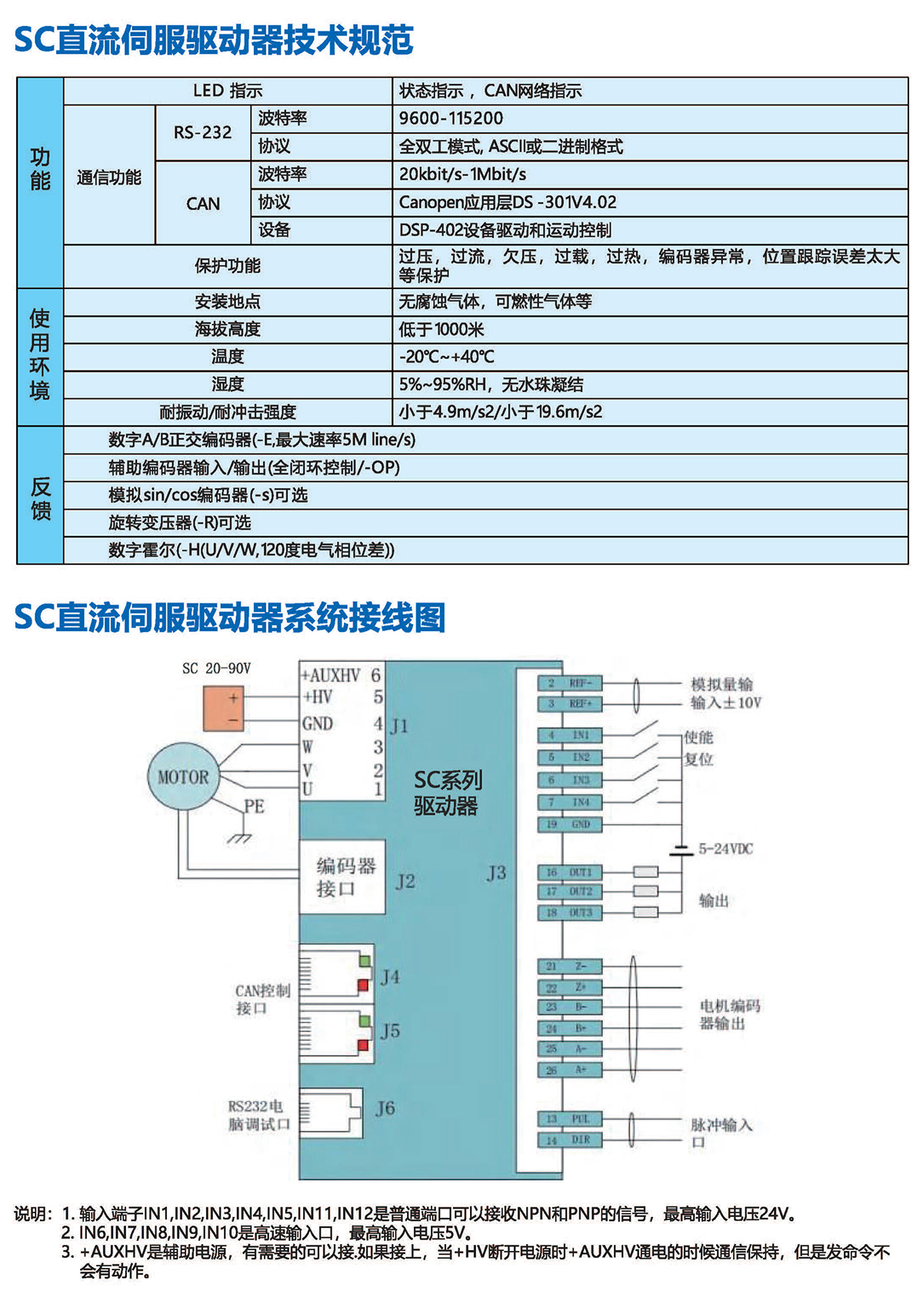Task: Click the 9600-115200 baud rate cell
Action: coord(451,118)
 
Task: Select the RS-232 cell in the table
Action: coord(202,132)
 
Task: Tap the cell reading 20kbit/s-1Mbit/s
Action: coord(462,175)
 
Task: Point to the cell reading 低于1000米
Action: coord(441,330)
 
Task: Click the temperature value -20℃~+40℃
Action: coord(446,357)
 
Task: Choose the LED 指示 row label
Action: coord(228,91)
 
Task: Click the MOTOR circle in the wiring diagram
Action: coord(183,777)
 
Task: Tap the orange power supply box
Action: coord(224,708)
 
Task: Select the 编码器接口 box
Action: coord(342,877)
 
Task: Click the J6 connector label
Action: coord(385,1108)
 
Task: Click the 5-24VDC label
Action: coord(725,849)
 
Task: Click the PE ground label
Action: coord(254,806)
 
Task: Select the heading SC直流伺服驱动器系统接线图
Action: coord(230,617)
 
